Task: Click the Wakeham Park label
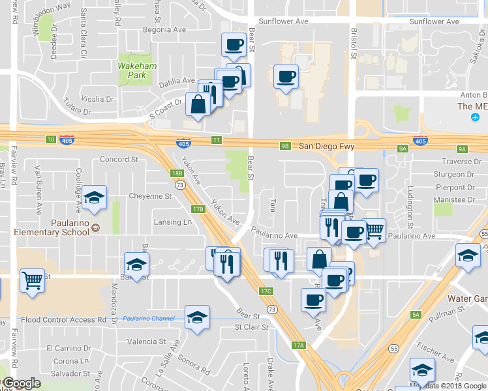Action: pos(132,70)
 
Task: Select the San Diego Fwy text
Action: pos(326,147)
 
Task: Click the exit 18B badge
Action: pos(177,173)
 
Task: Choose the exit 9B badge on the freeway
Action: pos(285,146)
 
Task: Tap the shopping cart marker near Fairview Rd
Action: pos(32,280)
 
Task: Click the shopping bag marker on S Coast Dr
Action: pos(198,104)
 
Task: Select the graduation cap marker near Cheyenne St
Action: pos(95,197)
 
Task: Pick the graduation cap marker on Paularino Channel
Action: pos(197,317)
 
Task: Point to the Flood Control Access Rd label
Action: pos(63,320)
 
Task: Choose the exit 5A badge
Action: pos(416,315)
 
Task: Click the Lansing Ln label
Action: pos(172,222)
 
